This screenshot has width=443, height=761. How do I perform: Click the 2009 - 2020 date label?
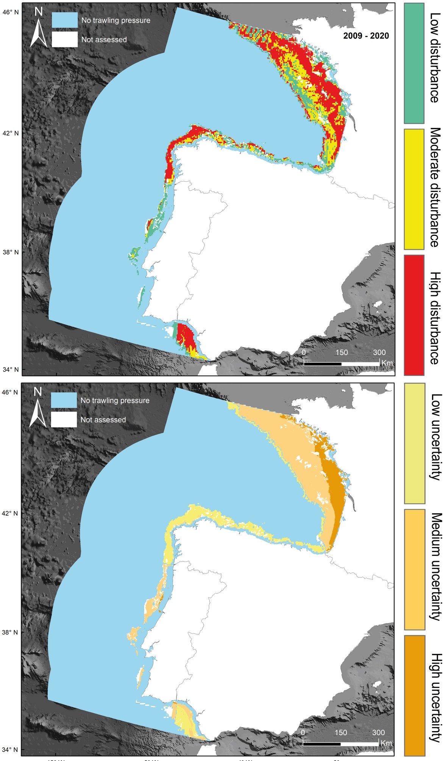(366, 36)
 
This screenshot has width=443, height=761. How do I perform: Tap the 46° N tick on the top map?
(11, 12)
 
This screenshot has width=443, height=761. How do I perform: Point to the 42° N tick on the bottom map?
(11, 513)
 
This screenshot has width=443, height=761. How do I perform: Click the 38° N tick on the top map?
(11, 252)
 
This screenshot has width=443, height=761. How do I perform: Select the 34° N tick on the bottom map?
(11, 749)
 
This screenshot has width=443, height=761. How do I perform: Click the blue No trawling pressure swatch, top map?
(65, 20)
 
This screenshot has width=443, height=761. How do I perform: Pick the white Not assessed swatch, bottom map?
(64, 419)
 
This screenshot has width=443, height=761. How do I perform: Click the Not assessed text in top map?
(104, 40)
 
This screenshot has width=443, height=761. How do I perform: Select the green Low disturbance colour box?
(414, 63)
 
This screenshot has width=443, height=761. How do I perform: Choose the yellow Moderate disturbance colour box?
(414, 189)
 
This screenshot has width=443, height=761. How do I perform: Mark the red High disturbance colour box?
(414, 315)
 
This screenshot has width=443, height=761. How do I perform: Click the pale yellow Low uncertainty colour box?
(414, 443)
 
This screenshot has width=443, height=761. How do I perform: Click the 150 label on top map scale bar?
(341, 352)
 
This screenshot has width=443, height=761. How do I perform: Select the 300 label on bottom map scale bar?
(378, 733)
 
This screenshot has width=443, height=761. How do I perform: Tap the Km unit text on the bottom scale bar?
(386, 743)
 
